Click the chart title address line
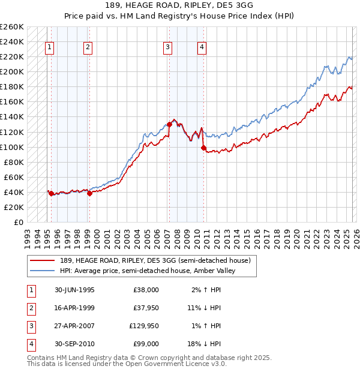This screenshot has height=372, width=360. click(x=180, y=5)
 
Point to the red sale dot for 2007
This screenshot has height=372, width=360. click(x=169, y=124)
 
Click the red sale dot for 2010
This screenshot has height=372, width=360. click(x=204, y=148)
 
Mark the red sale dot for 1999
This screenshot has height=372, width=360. click(x=89, y=193)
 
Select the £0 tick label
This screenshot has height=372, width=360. click(x=17, y=222)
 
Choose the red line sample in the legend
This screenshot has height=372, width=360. click(x=43, y=260)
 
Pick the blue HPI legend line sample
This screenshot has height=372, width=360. click(x=43, y=271)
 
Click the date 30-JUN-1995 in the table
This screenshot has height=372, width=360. click(x=74, y=290)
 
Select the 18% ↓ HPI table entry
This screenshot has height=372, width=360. click(x=205, y=344)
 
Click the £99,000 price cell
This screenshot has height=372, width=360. click(x=146, y=344)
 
